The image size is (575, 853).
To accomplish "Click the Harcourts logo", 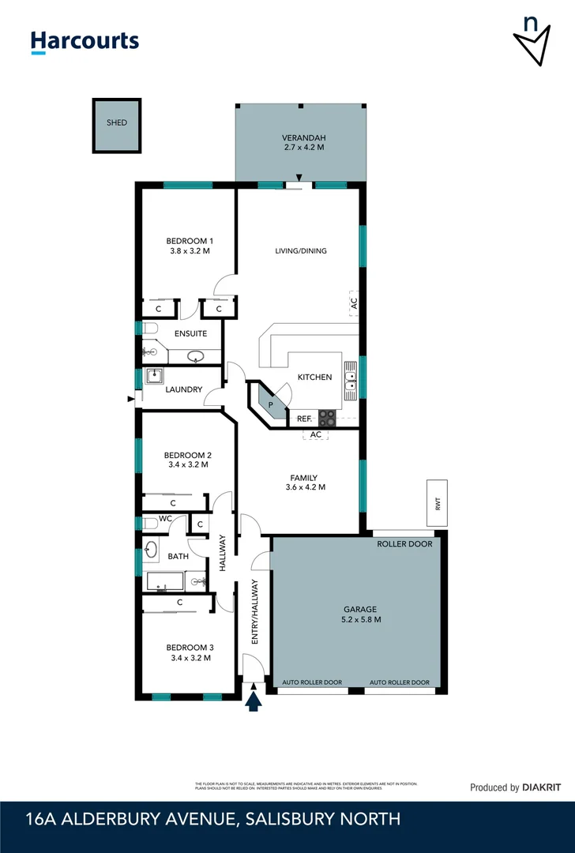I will [x=85, y=41].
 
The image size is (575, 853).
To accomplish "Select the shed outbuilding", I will [x=117, y=126].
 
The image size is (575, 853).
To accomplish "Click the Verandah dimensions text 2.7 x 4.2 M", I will [x=304, y=148].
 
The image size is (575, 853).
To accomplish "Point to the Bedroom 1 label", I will [x=189, y=241].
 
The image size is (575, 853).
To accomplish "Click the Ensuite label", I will [x=190, y=333].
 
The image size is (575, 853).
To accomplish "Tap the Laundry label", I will [x=184, y=389].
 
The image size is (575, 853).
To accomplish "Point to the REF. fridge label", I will [x=304, y=418].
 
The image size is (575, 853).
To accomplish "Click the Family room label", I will [x=304, y=477].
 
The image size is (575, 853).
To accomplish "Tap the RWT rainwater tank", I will [x=437, y=502].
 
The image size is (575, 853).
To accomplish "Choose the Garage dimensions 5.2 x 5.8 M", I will [x=360, y=620].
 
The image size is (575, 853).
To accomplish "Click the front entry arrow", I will [x=254, y=700].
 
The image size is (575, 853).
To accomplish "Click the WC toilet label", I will [x=165, y=519].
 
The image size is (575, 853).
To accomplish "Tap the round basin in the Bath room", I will [x=152, y=551].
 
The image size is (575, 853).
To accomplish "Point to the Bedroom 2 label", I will [x=187, y=455].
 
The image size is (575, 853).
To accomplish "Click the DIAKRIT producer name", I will [x=544, y=787].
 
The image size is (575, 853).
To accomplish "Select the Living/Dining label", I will [x=300, y=251].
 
